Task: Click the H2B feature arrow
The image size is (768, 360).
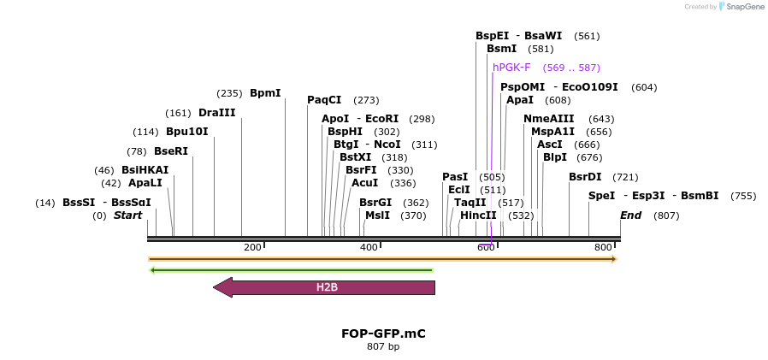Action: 326,287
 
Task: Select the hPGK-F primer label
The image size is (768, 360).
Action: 511,68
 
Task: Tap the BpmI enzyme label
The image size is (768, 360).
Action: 265,93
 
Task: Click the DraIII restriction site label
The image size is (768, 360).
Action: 216,113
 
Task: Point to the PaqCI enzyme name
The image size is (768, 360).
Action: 324,100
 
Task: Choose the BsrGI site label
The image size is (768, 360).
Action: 375,203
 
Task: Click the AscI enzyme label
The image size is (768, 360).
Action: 550,145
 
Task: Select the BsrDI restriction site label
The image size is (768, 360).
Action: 585,177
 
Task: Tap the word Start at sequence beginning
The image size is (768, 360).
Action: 127,215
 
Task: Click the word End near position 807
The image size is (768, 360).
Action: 630,215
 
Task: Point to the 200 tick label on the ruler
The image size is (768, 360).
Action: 252,248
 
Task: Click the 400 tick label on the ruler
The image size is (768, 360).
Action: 369,248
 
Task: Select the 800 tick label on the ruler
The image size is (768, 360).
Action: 604,248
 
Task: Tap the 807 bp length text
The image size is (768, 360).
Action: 383,347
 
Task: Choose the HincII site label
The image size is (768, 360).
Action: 478,215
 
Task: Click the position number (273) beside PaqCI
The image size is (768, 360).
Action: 366,100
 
